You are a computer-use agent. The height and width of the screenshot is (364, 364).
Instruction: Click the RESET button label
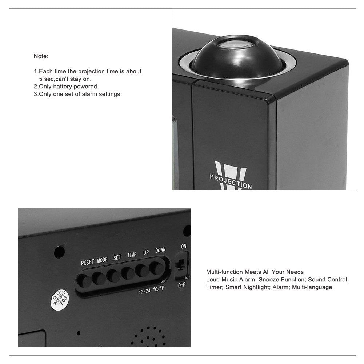point(87,262)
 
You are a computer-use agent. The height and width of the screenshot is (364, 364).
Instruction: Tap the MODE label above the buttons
point(103,260)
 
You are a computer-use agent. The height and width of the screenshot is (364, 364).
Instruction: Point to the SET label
point(117,257)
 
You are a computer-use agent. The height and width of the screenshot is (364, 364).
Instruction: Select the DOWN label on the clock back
point(160,250)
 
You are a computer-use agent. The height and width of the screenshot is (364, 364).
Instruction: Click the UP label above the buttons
point(146,252)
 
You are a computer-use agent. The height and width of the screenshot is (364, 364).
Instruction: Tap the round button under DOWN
point(156,268)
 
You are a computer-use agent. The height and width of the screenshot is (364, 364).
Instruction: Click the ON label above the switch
point(184,246)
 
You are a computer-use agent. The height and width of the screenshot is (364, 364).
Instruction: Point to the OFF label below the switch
point(181,285)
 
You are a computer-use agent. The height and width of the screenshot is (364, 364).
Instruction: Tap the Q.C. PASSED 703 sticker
point(60,300)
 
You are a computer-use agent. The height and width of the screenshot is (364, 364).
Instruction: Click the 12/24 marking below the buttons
point(144,291)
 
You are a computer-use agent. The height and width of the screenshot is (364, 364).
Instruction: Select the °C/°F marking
point(159,289)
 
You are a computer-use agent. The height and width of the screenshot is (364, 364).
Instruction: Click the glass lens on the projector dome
point(238,43)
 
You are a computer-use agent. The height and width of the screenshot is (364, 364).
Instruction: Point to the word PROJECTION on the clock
point(231,181)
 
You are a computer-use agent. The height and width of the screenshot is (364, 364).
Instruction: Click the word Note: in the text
point(41,56)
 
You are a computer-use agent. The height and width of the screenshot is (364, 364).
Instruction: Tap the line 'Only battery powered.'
point(66,86)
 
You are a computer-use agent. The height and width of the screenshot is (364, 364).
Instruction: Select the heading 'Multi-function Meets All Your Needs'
point(255,272)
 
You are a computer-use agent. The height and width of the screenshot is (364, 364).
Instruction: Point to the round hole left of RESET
point(59,252)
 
